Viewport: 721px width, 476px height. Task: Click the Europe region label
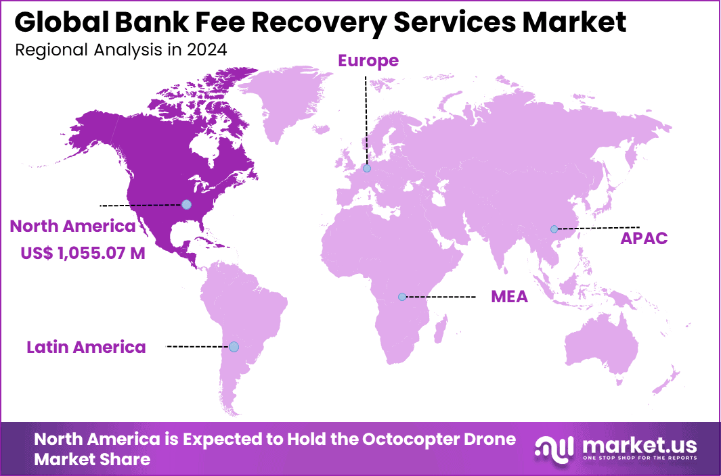coord(368,61)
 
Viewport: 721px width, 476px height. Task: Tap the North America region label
coord(72,226)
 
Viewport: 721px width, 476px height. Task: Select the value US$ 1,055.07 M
coord(83,253)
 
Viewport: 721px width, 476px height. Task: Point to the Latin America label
coord(86,348)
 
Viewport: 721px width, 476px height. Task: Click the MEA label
coord(509,297)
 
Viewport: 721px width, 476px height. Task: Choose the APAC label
coord(644,238)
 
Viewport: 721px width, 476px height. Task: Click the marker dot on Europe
coord(366,168)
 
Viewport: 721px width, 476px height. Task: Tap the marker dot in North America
coord(186,204)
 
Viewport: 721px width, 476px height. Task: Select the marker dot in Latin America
coord(234,347)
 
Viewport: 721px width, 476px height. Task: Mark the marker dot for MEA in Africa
coord(402,297)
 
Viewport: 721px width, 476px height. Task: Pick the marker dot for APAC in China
coord(554,229)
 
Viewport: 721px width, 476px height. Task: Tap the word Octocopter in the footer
coord(412,439)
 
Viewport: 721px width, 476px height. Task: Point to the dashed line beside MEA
coord(441,297)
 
